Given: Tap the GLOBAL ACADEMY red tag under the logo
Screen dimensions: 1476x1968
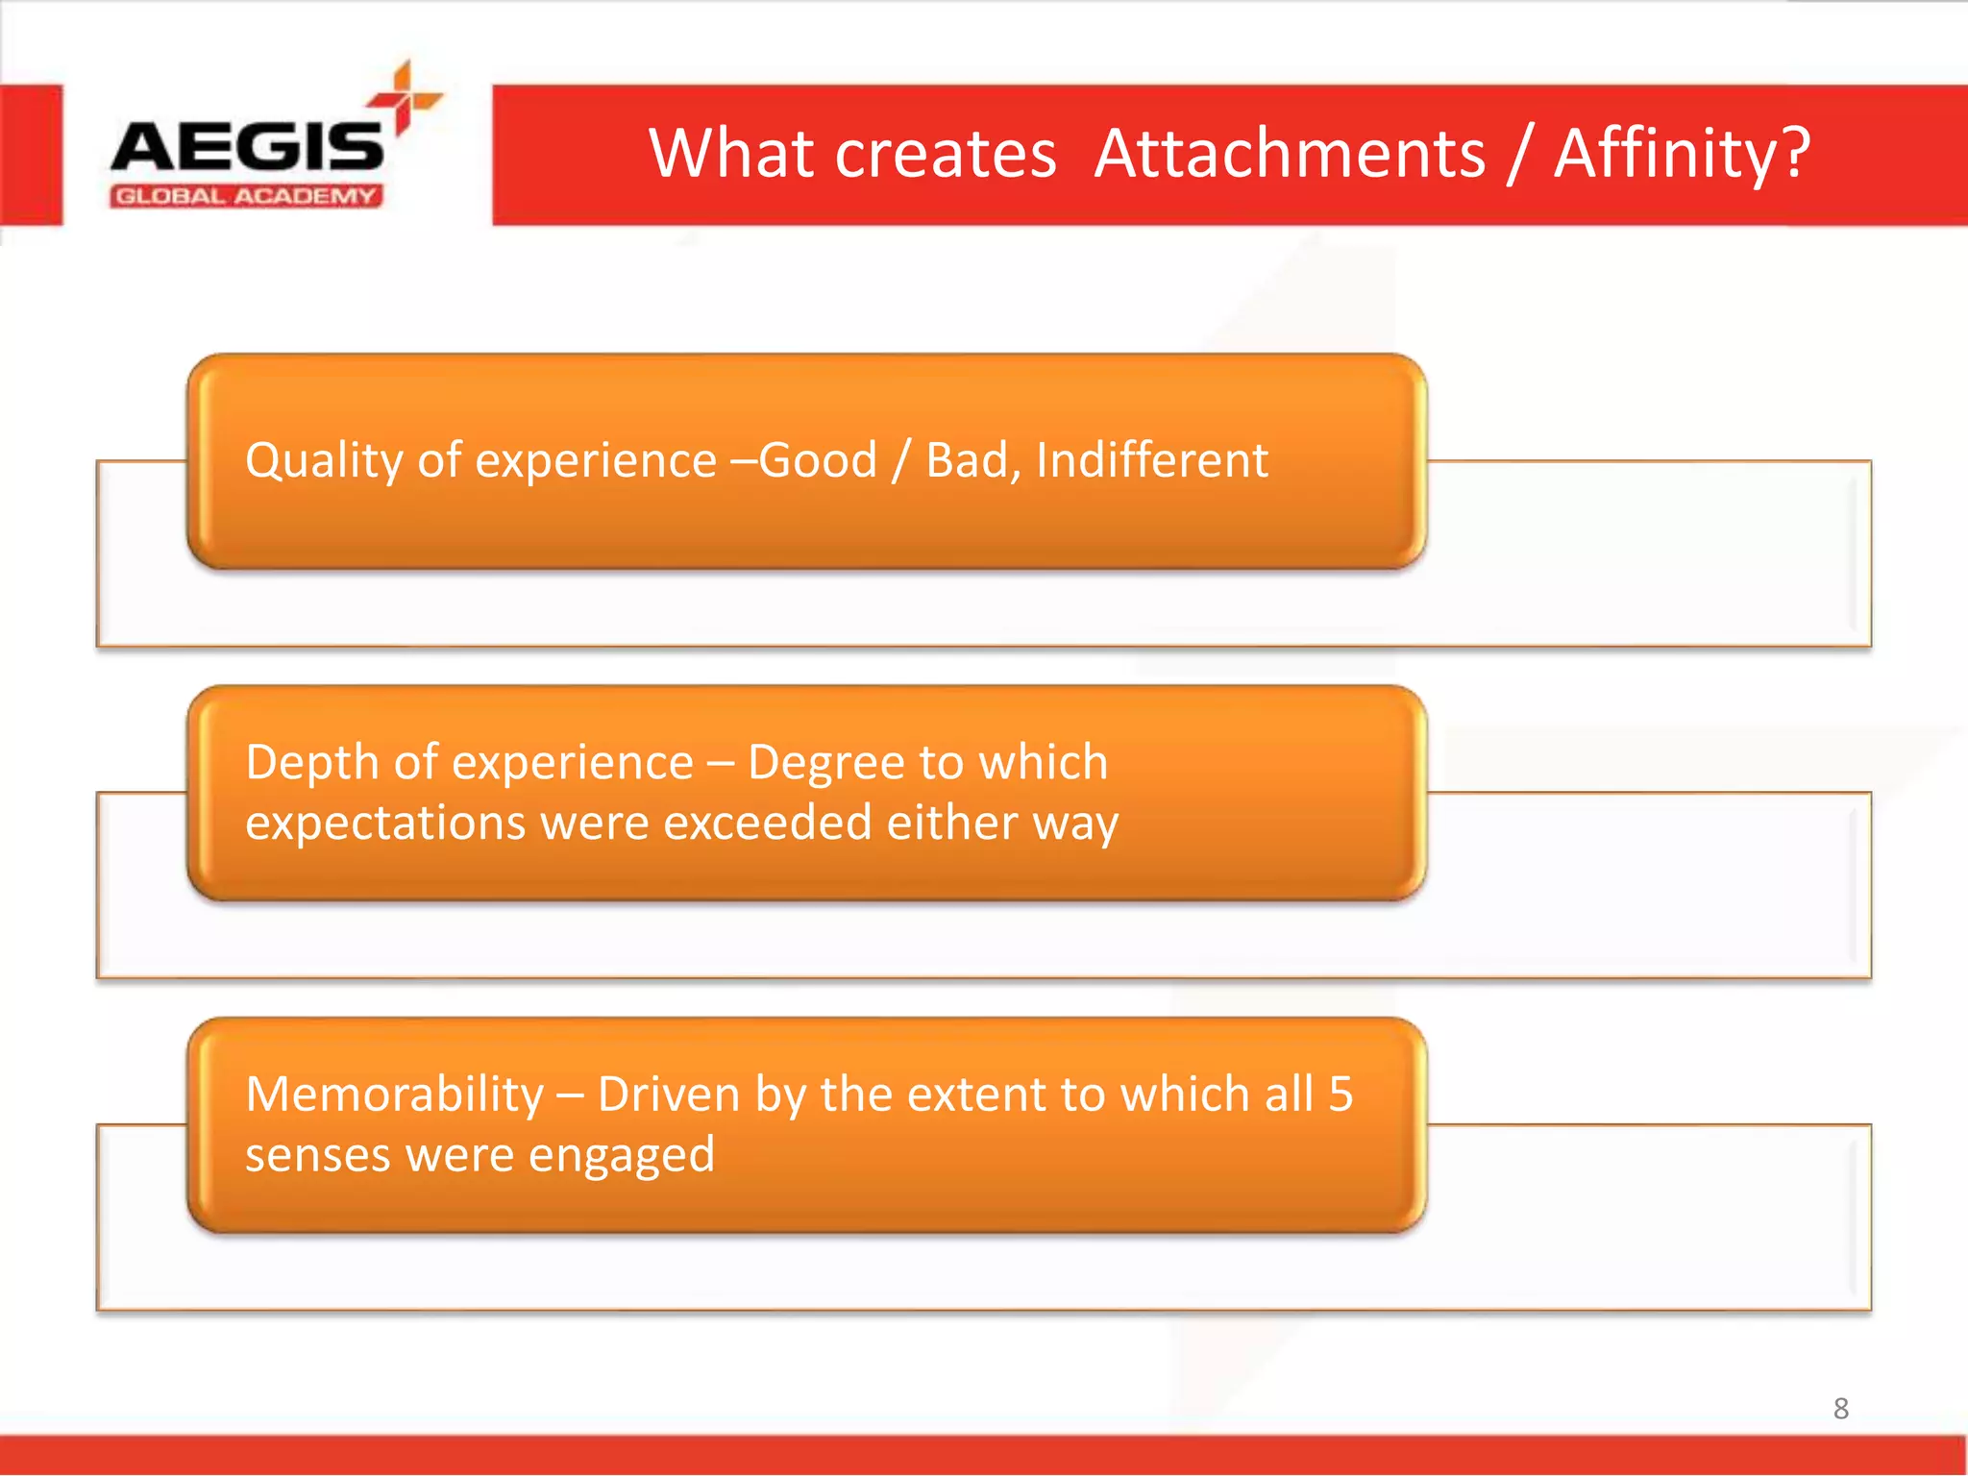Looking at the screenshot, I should pyautogui.click(x=246, y=197).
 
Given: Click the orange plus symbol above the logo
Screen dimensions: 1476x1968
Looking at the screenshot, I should pyautogui.click(x=404, y=97).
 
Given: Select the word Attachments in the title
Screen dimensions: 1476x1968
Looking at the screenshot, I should pyautogui.click(x=1290, y=154).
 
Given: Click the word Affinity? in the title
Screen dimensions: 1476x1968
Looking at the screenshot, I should pyautogui.click(x=1682, y=154).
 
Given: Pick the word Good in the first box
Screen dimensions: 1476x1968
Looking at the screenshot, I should pyautogui.click(x=818, y=460).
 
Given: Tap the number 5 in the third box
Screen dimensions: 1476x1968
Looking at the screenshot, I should pyautogui.click(x=1341, y=1095).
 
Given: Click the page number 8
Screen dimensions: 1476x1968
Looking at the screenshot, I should pyautogui.click(x=1840, y=1409).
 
